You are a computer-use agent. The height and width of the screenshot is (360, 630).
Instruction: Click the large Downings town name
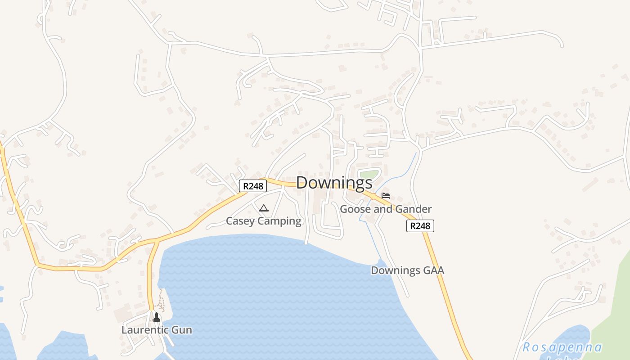coord(334,183)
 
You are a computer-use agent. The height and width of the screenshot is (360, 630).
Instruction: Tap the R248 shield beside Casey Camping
coord(252,186)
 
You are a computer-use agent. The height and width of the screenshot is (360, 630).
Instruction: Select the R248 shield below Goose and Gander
coord(420,226)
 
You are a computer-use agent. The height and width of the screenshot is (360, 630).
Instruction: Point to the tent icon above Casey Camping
coord(264,208)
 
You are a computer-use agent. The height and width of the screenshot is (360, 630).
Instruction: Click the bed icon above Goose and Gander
coord(386,196)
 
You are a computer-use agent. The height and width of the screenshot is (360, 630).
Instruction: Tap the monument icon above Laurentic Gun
coord(157,317)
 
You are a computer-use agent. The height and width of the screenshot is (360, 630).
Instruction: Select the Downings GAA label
coord(407,270)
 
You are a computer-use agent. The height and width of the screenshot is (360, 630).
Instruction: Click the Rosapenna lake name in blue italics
coord(562,348)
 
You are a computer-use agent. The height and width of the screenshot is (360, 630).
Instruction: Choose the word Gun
coord(182,330)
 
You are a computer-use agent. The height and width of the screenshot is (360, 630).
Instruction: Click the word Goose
coord(353,209)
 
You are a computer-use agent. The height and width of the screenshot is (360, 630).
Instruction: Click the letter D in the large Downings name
coord(302,183)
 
